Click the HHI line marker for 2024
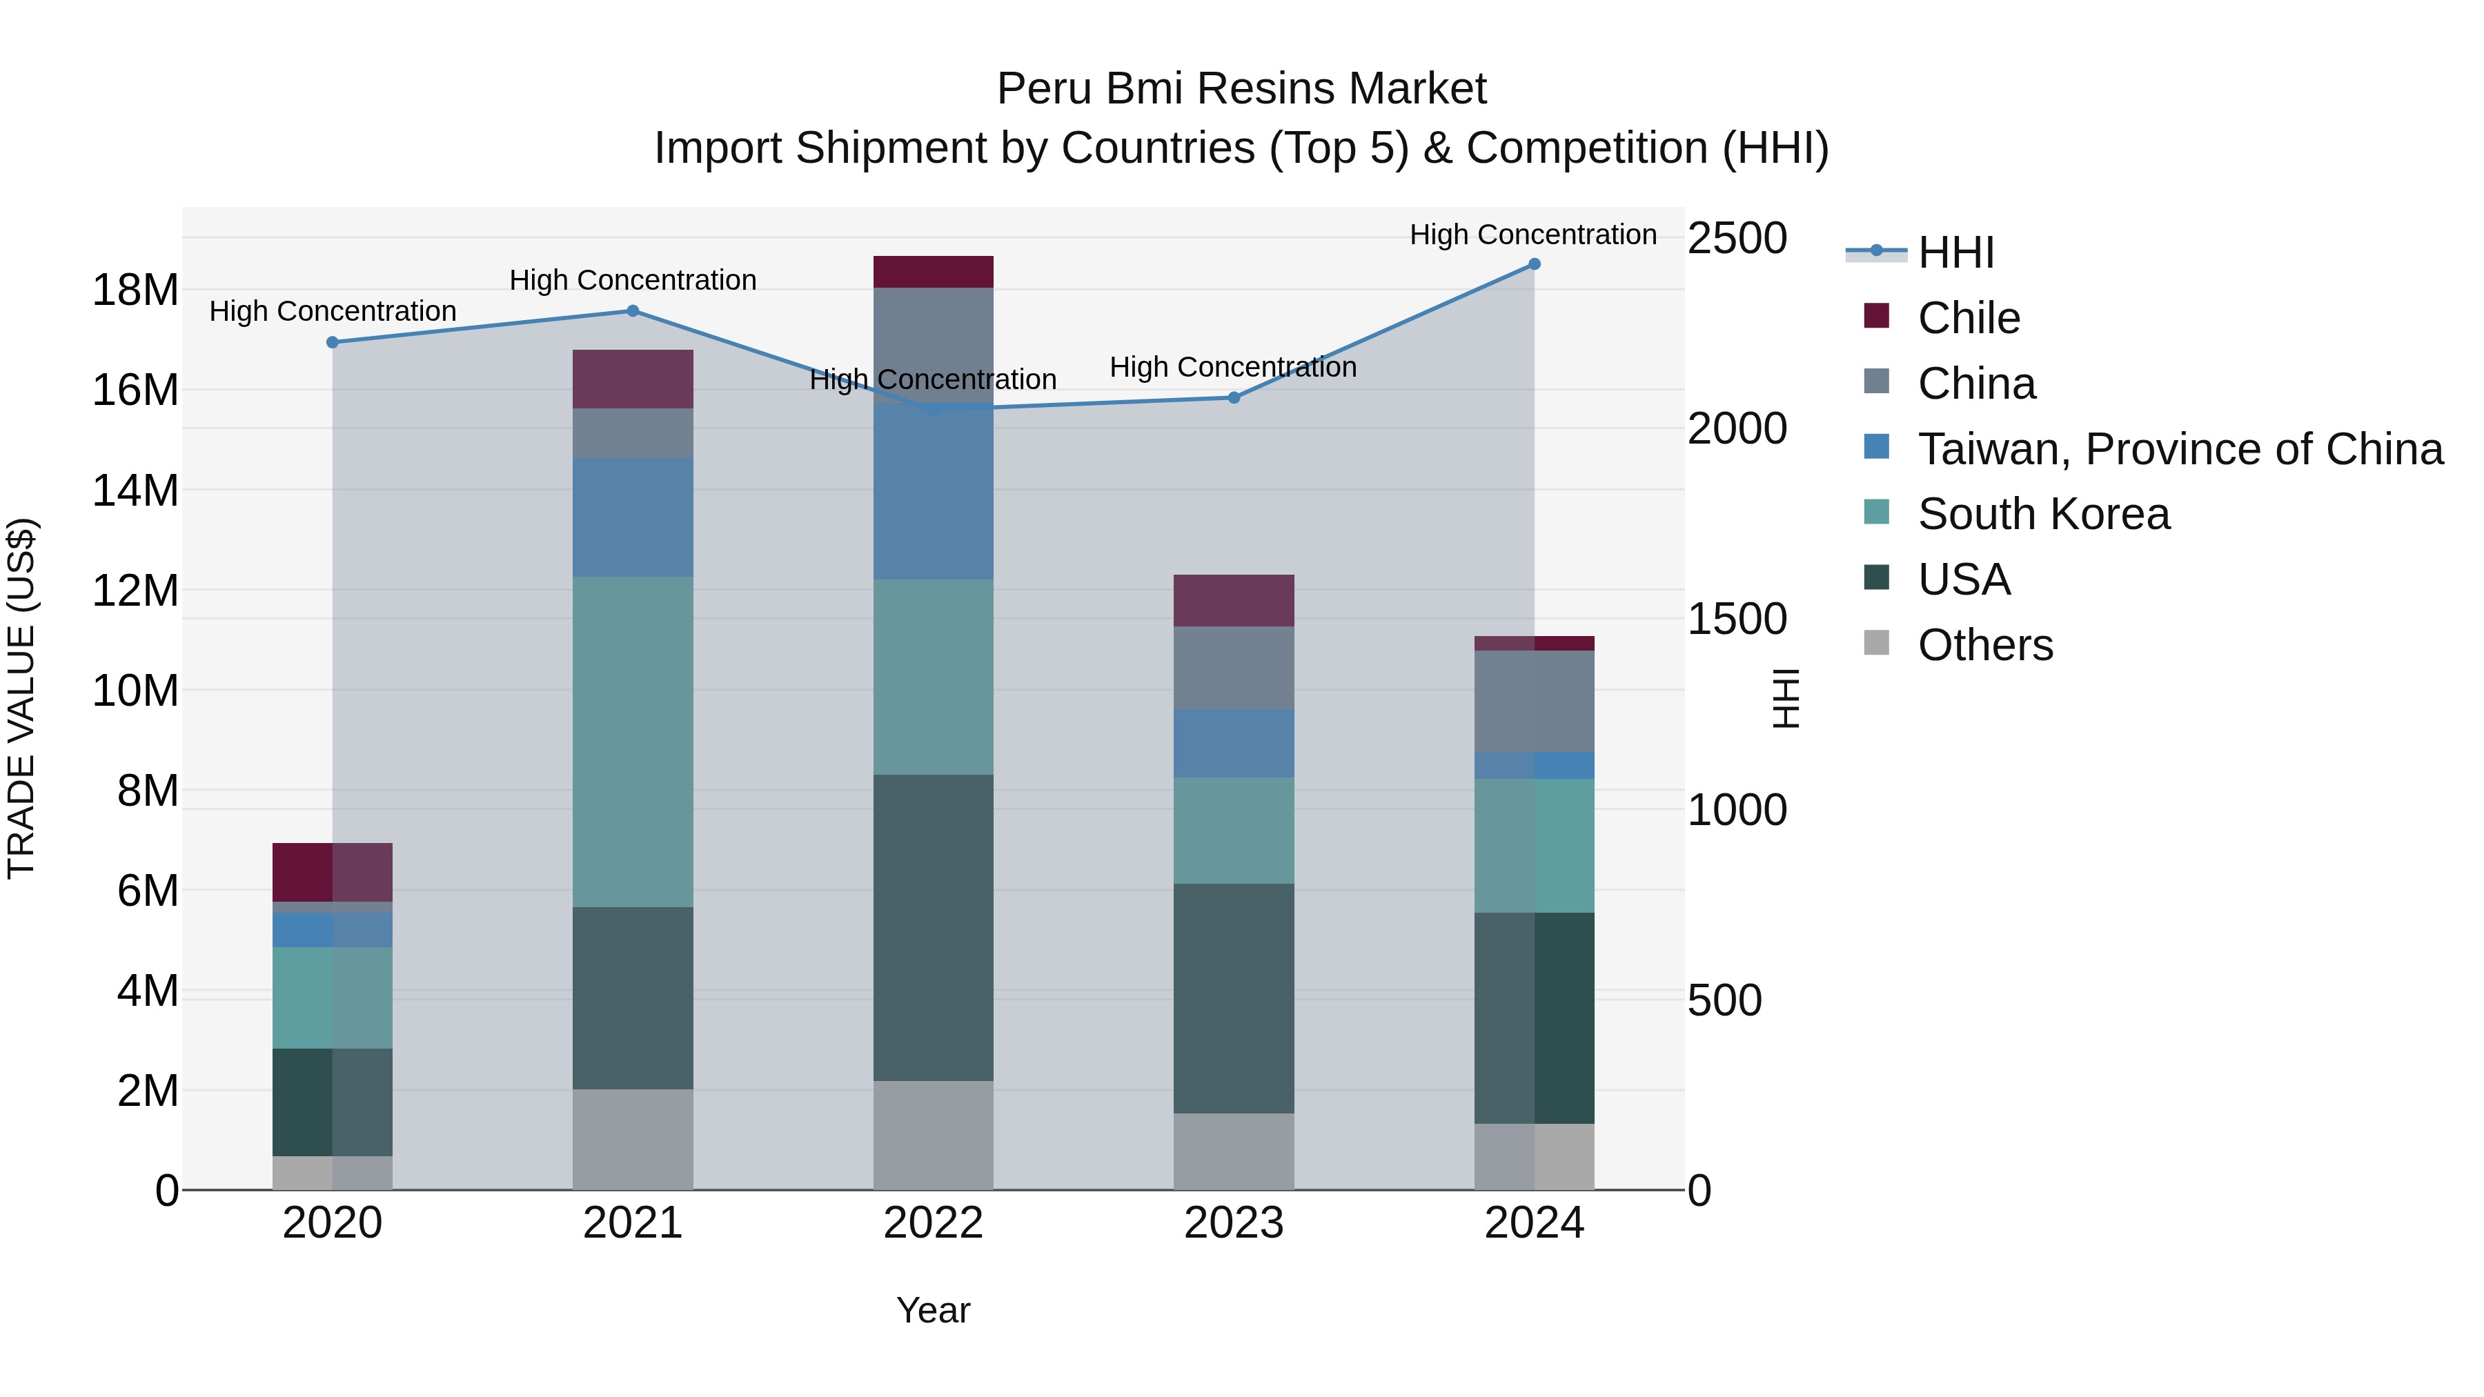[x=1533, y=264]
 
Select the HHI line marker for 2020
[x=333, y=342]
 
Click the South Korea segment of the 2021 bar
[x=633, y=742]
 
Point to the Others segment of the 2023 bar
[x=1233, y=1151]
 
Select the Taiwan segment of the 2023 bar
[x=1233, y=743]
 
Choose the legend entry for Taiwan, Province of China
[x=2179, y=449]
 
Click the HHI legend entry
[x=1955, y=252]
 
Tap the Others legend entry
[x=1984, y=645]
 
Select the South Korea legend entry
[x=2042, y=514]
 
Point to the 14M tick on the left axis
[x=135, y=491]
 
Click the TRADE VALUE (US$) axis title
[x=21, y=698]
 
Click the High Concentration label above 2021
[x=633, y=281]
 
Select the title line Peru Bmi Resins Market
[x=1241, y=89]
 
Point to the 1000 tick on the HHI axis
[x=1737, y=810]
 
